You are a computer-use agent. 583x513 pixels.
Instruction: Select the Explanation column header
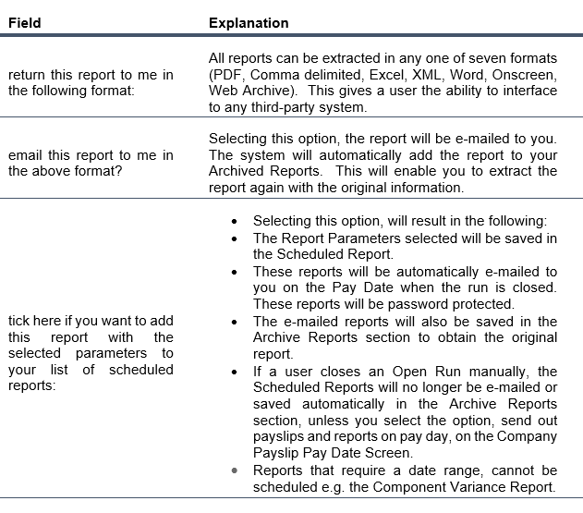click(249, 22)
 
